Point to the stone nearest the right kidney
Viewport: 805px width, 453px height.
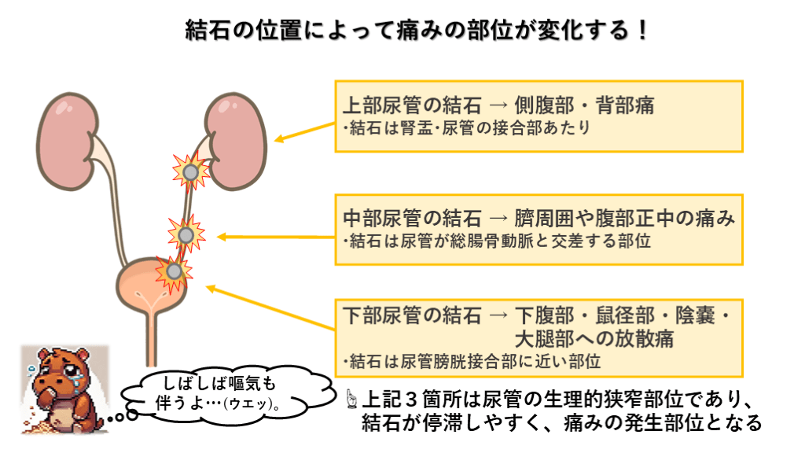[190, 170]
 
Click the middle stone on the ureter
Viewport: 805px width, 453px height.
[186, 234]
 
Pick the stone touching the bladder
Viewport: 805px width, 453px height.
[173, 271]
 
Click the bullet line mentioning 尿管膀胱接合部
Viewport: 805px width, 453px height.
[472, 362]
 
